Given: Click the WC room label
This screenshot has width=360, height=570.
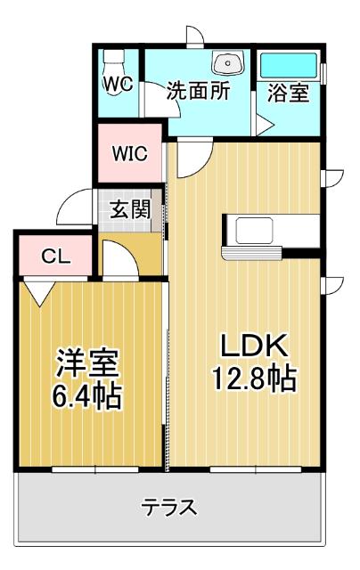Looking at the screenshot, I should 118,85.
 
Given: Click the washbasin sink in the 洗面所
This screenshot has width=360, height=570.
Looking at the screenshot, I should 226,64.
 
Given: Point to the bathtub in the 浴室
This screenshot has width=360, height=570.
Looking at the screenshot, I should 288,65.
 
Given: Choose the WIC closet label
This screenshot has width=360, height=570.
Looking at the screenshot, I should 129,152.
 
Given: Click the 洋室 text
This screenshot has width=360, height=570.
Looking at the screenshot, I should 88,362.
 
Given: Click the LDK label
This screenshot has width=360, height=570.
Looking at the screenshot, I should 252,345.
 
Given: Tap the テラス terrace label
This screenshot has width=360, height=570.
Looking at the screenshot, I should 169,508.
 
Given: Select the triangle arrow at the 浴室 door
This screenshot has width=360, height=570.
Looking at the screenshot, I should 262,125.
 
